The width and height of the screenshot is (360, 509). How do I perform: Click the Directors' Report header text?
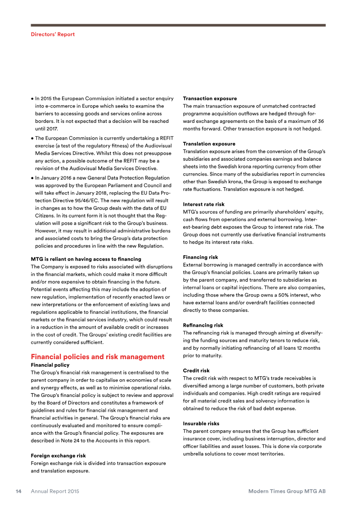coord(53,34)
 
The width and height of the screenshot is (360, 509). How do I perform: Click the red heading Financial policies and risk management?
coord(97,357)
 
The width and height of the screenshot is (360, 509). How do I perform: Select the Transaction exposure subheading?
coord(210,99)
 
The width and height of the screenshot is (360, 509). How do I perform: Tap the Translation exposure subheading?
coord(209,144)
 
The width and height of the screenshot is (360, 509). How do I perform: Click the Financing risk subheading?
coord(200,257)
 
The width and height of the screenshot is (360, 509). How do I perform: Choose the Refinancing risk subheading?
coord(203,325)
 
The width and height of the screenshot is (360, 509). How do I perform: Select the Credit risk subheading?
coord(196,371)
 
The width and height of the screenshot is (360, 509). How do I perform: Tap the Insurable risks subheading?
coord(201,424)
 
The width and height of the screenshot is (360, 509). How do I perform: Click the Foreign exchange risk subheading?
coord(58,456)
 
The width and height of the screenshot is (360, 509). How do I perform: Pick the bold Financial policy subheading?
coord(50,365)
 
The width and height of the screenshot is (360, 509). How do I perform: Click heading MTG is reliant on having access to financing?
coord(85,259)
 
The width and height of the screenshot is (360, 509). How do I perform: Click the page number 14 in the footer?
coord(18,491)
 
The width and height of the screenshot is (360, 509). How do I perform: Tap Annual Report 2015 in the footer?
coord(55,491)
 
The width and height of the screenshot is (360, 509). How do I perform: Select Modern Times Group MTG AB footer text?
coord(287,491)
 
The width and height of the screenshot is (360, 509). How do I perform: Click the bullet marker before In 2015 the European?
coord(32,99)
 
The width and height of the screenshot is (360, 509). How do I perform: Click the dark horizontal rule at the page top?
coord(178,25)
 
